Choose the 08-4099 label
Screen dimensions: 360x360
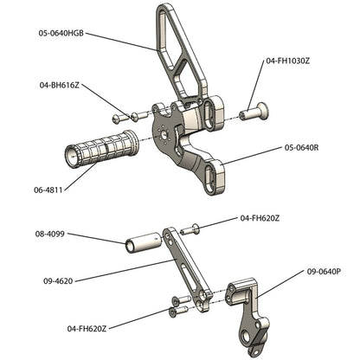[52, 234]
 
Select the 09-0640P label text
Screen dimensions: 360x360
[323, 271]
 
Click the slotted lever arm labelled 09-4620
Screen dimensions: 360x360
[185, 268]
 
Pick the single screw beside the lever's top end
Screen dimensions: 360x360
[193, 228]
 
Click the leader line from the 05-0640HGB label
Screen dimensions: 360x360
[121, 42]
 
